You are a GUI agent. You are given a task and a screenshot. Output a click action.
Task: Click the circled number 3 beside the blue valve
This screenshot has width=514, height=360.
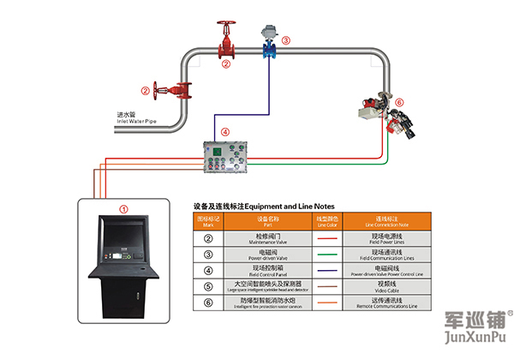pos(286,39)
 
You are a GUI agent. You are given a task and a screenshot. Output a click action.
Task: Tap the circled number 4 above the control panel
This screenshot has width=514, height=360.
pos(225,132)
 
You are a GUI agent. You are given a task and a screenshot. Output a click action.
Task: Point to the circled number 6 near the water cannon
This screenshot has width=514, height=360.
pos(397,101)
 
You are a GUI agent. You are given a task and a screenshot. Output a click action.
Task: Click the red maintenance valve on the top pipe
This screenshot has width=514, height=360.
pos(226,43)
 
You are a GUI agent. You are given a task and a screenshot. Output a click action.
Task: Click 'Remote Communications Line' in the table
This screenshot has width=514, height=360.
pos(382,303)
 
